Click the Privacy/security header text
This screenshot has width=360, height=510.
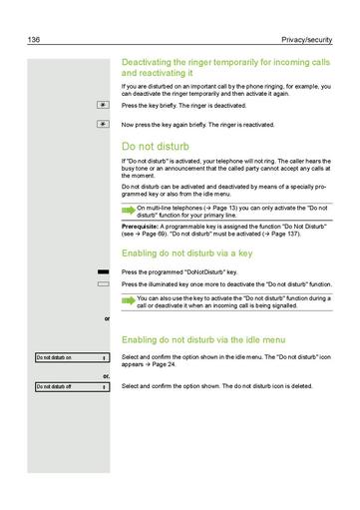click(311, 38)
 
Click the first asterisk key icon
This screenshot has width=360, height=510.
click(101, 104)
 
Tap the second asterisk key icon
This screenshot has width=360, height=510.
click(101, 125)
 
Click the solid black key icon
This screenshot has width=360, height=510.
click(102, 271)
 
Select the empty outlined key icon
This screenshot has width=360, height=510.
click(102, 283)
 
